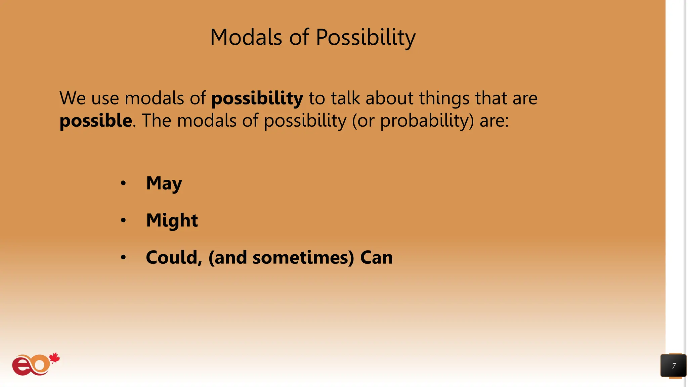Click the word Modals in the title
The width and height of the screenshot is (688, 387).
(246, 37)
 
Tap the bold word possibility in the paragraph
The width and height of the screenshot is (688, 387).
(257, 98)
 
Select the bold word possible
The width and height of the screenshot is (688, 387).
(96, 121)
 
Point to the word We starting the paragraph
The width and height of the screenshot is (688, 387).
(73, 98)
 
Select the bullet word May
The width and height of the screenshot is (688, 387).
(164, 183)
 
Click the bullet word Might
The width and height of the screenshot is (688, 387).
(172, 220)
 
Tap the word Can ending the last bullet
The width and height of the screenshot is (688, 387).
(376, 258)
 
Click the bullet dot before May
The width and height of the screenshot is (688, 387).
(123, 183)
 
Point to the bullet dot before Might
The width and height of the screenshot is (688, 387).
(123, 220)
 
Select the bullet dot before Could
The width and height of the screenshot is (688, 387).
(123, 258)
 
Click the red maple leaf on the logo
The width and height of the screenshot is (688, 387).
(54, 358)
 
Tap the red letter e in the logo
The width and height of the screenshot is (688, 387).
(21, 366)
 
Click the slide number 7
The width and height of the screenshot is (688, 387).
(674, 366)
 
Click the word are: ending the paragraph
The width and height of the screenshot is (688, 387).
(494, 121)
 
